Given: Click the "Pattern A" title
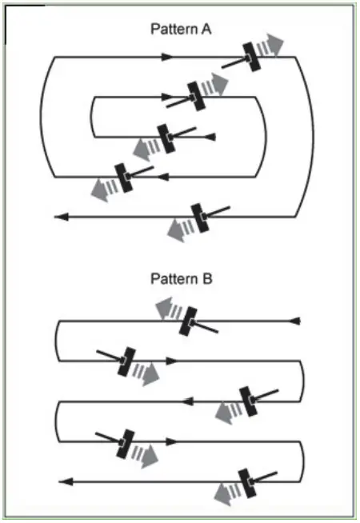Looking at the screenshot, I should tap(180, 30).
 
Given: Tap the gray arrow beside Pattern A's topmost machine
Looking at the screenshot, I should tap(274, 46).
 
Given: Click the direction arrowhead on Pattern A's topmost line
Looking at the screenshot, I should tap(167, 57).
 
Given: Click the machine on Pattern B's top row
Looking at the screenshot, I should tap(189, 321).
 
